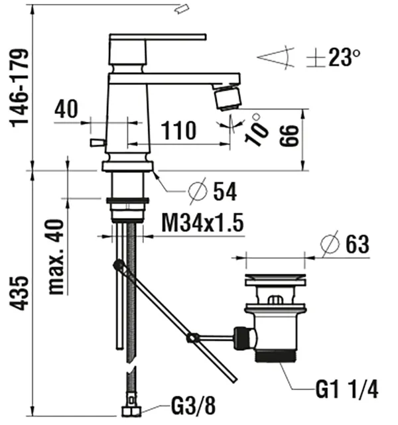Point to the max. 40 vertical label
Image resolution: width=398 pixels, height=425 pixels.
(58, 256)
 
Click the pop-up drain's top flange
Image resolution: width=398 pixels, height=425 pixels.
(275, 280)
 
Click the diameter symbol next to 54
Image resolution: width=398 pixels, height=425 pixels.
(197, 192)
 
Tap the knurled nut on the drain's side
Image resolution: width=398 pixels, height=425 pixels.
(243, 338)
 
